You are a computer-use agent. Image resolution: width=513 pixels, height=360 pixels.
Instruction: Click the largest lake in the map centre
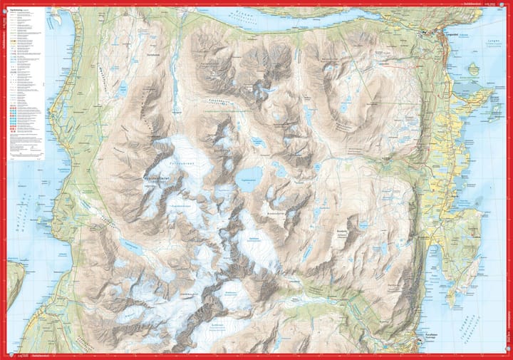(x=250, y=174)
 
